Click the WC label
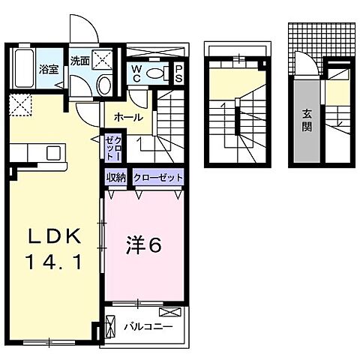coord(139,73)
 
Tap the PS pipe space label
coord(181,73)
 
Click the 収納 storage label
coord(115,178)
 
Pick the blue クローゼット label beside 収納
coord(157,178)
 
